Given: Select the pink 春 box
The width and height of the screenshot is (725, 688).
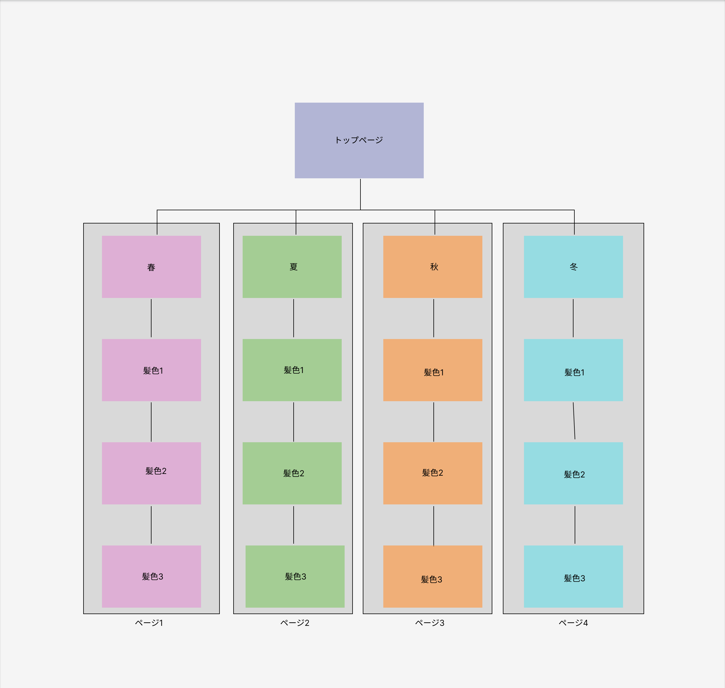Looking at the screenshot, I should click(152, 267).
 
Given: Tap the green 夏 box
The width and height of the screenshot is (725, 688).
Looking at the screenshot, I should click(292, 267).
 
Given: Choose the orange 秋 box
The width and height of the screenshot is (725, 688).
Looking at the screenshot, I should click(433, 267).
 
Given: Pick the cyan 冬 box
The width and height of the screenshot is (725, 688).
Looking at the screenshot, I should click(573, 267).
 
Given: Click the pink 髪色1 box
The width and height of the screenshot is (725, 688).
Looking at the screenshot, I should click(152, 370).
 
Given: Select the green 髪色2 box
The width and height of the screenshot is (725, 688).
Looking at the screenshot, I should click(292, 473).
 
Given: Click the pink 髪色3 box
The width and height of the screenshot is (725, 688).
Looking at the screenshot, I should click(152, 576).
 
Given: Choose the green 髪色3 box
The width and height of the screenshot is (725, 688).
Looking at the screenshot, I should click(295, 576).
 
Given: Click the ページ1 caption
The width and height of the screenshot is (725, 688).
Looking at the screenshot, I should click(149, 623).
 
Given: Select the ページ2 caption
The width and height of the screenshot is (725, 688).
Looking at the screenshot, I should click(295, 623).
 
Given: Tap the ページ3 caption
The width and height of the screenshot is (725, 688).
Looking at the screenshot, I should click(430, 623).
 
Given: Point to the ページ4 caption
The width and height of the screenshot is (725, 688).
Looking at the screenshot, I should click(573, 623).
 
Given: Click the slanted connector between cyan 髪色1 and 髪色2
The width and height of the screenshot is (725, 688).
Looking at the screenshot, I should click(574, 421).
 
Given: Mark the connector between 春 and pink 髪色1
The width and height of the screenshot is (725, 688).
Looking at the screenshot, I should click(151, 318).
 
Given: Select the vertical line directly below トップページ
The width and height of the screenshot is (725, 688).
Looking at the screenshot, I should click(360, 194).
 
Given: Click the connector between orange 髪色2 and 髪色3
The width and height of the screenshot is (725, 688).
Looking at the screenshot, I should click(434, 525).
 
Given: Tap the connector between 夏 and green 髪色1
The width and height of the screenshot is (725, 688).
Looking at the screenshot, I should click(294, 318).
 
